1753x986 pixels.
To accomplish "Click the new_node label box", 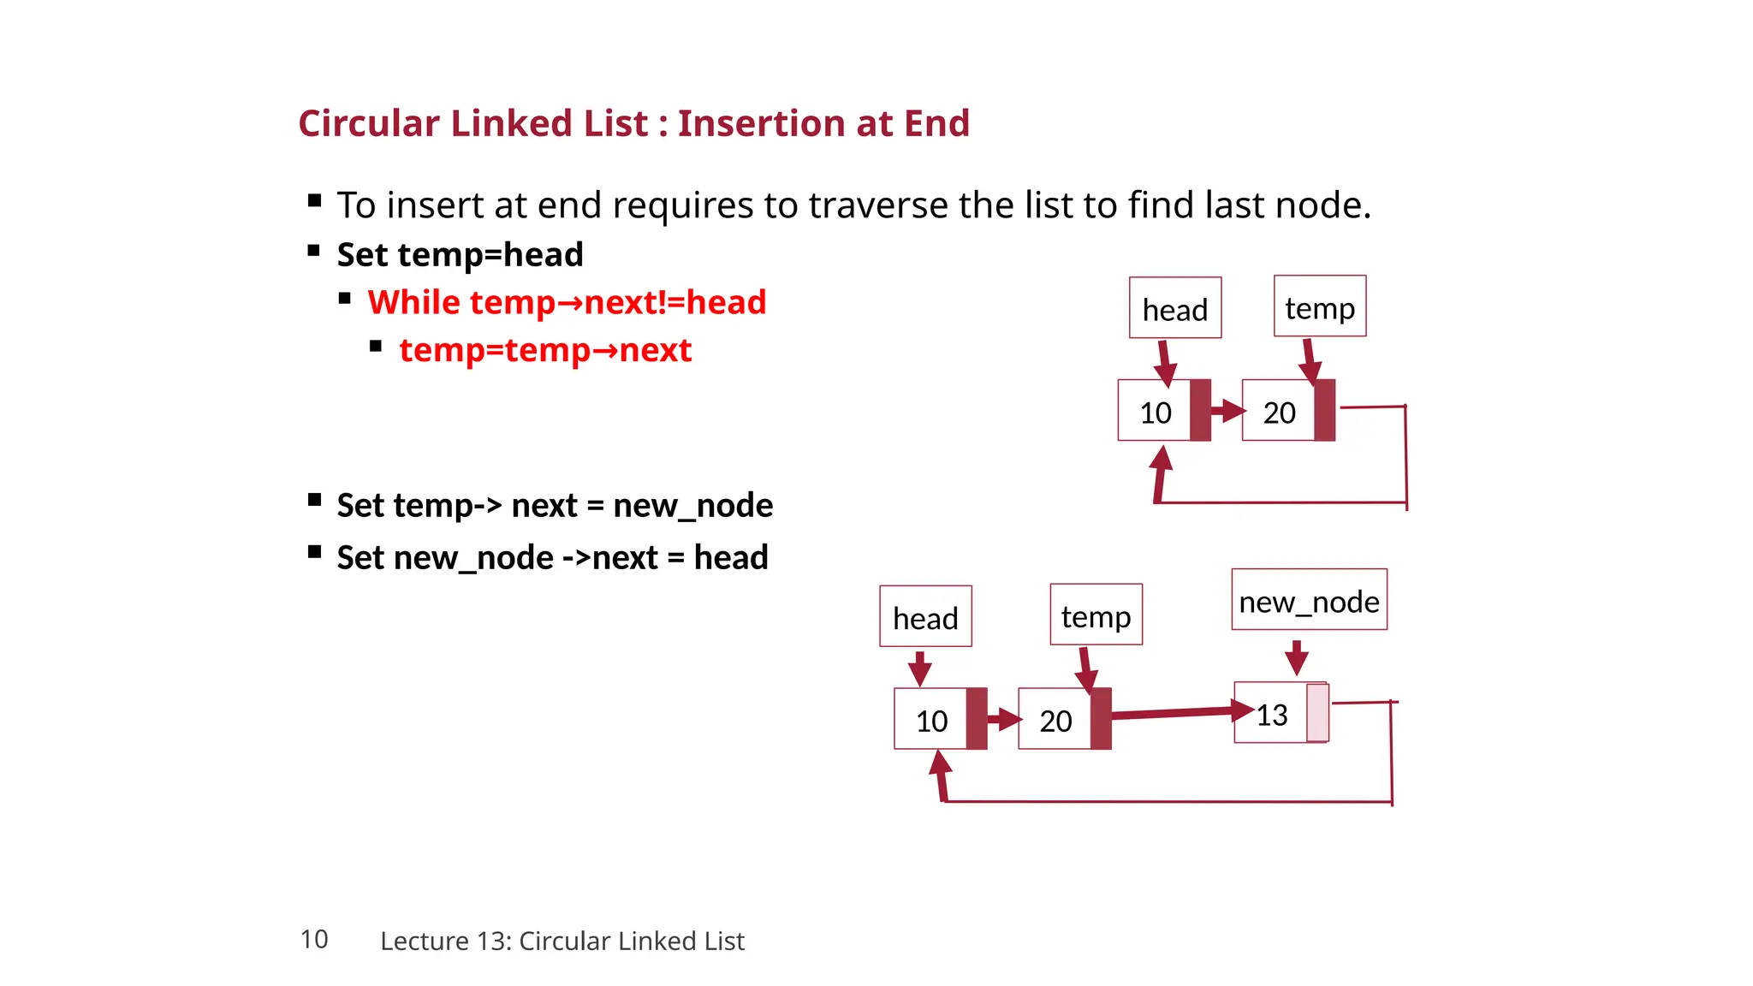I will (x=1309, y=600).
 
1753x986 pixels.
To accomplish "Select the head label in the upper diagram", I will (x=1174, y=308).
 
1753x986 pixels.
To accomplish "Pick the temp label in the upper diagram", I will (x=1319, y=306).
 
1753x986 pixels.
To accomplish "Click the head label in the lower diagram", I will (x=925, y=616).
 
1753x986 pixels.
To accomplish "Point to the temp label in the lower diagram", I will (x=1096, y=615).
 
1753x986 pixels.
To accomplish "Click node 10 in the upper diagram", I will (x=1155, y=411).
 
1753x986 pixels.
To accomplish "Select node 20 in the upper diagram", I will (x=1279, y=411).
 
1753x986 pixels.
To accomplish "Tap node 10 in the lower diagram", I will (x=931, y=719).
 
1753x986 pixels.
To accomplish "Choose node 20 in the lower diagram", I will (x=1055, y=719).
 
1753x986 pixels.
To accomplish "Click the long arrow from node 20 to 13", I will (x=1173, y=712).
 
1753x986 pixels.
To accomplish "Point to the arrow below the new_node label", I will (x=1296, y=657).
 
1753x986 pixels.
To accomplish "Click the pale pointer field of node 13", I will (x=1317, y=713).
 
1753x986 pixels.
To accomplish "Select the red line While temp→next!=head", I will (x=567, y=302).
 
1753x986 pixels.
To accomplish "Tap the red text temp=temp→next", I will (x=545, y=350).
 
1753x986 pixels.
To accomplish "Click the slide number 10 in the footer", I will (x=314, y=939).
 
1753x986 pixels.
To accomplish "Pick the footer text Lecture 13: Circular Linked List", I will (x=562, y=941).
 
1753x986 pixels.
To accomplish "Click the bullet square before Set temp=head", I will (x=314, y=252).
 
